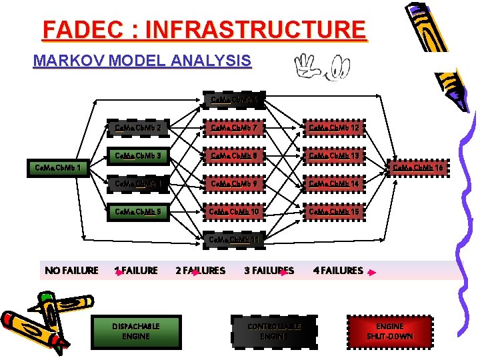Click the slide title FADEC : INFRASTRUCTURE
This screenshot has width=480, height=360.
pyautogui.click(x=204, y=30)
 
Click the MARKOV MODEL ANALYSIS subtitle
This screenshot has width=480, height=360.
pyautogui.click(x=142, y=61)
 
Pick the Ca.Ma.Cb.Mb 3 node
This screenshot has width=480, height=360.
pyautogui.click(x=137, y=156)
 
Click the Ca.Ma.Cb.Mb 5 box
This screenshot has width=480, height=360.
pyautogui.click(x=137, y=211)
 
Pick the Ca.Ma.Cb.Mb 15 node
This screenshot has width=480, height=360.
pyautogui.click(x=333, y=211)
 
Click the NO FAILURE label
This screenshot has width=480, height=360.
pyautogui.click(x=71, y=270)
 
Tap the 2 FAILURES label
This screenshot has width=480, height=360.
pyautogui.click(x=200, y=270)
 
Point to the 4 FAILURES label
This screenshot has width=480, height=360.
pyautogui.click(x=339, y=270)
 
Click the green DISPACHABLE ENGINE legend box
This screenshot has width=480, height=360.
pyautogui.click(x=136, y=331)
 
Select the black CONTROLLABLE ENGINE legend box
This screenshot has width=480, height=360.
pyautogui.click(x=274, y=331)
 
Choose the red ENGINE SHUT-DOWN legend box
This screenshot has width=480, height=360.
pyautogui.click(x=390, y=331)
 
